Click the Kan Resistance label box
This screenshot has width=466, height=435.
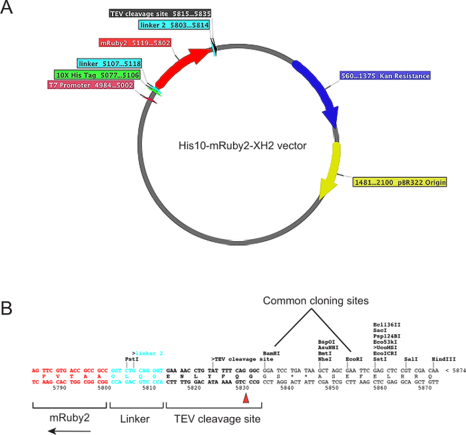point(377,78)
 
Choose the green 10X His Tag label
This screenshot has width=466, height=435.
point(97,75)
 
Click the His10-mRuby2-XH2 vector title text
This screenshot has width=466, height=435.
point(238,145)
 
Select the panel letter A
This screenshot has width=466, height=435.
point(9,11)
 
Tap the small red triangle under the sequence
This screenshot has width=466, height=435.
point(246,398)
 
